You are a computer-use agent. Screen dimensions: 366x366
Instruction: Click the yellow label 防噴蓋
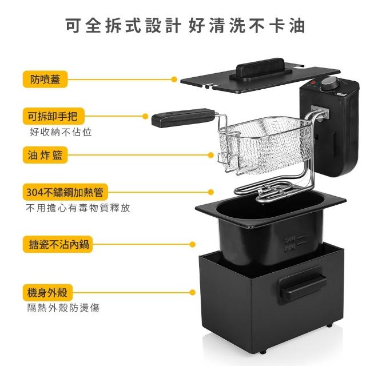coord(45,79)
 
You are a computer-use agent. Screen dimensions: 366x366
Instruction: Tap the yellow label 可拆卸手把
coord(53,116)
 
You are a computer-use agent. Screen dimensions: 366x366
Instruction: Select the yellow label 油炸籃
coord(45,155)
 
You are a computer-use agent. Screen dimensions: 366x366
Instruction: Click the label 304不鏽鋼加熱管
coord(65,192)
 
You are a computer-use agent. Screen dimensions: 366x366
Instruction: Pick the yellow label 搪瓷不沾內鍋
coord(58,244)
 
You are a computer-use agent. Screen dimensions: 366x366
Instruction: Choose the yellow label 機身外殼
coord(47,292)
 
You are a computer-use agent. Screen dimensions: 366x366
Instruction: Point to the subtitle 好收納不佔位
coord(61,132)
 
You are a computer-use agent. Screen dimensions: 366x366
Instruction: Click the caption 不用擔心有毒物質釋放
coord(78,208)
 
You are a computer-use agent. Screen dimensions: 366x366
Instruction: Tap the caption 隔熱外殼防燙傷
coord(63,308)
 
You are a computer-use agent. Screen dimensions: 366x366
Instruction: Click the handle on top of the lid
coord(261,69)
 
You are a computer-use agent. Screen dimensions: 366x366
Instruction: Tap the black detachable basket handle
coord(183,118)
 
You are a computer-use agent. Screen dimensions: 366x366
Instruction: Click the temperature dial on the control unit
coord(328,83)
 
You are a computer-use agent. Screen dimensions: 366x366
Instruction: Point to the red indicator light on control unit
coord(313,82)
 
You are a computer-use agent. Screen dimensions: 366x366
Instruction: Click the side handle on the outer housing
coord(303,285)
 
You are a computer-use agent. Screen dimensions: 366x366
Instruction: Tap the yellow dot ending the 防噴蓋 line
coord(174,79)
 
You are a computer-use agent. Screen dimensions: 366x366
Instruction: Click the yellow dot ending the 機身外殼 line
coord(193,292)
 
